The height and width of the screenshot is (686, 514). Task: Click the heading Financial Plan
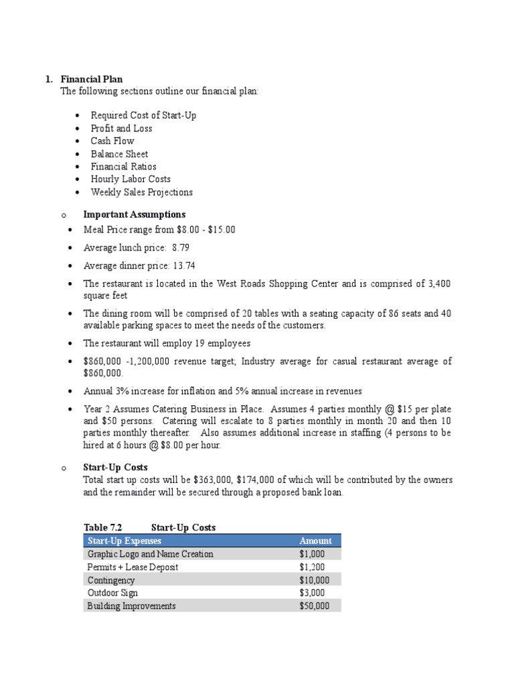coord(91,79)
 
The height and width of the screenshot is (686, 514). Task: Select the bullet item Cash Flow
coord(112,141)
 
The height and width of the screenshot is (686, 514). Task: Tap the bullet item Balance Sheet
coord(119,153)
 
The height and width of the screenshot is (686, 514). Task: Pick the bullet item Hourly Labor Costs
coord(131,179)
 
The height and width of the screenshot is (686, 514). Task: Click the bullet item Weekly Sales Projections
coord(141,192)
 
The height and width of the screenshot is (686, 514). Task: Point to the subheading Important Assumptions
coord(134,214)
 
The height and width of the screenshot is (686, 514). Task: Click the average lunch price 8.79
coord(184,248)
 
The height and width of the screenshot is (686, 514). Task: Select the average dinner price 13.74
coord(184,265)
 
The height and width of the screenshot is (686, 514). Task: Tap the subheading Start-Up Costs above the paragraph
coord(115,467)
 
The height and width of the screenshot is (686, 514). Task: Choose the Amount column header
coord(315,541)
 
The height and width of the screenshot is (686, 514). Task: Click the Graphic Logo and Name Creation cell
coord(150,554)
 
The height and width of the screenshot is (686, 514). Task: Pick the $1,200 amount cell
coord(312,567)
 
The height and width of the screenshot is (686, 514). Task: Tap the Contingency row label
coord(111,580)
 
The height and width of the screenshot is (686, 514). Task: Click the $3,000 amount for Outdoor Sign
coord(312,593)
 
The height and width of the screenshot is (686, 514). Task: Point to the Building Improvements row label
coord(131,606)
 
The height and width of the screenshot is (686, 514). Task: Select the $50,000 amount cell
coord(315,606)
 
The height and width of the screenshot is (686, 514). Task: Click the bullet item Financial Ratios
coord(123,166)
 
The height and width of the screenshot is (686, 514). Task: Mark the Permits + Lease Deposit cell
coord(133,567)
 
